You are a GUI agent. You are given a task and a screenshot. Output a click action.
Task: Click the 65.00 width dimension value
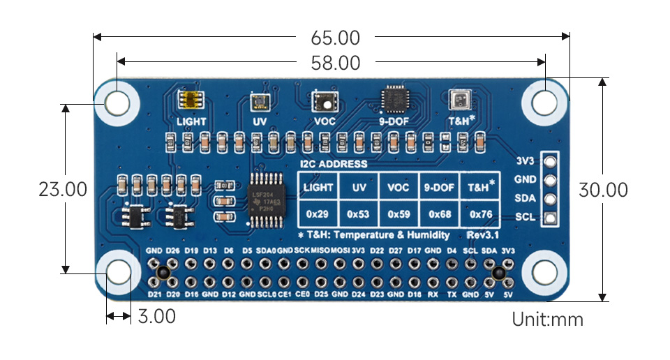click(x=332, y=38)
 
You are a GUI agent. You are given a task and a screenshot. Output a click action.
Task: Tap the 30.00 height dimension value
click(x=603, y=190)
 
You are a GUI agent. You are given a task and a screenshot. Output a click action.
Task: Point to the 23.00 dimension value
click(x=63, y=190)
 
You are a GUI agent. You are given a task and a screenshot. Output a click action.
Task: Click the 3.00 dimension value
click(x=156, y=317)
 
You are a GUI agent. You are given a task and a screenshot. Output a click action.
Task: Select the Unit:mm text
click(x=547, y=320)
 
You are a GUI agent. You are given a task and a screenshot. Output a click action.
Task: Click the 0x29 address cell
click(x=318, y=213)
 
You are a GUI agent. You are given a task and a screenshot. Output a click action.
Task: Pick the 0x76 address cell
click(x=480, y=213)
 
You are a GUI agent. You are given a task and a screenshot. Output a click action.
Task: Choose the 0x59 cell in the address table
click(x=399, y=213)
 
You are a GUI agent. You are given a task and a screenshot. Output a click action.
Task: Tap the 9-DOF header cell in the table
click(x=439, y=188)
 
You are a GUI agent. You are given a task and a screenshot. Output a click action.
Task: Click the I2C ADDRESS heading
click(x=333, y=164)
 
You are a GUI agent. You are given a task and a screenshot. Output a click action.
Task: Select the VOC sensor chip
click(x=325, y=101)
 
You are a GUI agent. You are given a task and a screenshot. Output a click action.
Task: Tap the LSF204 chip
click(x=265, y=201)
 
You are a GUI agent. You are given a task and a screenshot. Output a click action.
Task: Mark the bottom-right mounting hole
click(x=545, y=273)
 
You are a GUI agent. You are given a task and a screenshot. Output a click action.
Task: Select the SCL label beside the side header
click(x=525, y=217)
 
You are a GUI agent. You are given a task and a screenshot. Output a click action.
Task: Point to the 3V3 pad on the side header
click(x=550, y=162)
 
